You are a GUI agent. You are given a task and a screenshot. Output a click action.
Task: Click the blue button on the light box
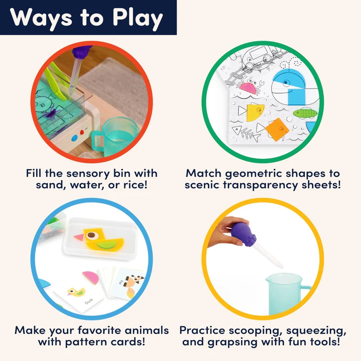tap(74, 138)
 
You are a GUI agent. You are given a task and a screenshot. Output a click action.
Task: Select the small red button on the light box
tap(82, 132)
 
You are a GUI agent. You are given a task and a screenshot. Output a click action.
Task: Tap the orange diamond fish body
tap(277, 130)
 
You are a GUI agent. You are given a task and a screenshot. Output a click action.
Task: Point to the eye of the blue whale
tap(286, 82)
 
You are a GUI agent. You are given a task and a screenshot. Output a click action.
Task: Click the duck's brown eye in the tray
tap(92, 235)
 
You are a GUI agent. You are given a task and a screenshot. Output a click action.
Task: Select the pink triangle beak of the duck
tap(79, 237)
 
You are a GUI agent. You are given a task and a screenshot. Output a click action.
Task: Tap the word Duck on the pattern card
tap(89, 301)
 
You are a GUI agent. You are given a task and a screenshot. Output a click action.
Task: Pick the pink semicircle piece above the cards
tap(91, 278)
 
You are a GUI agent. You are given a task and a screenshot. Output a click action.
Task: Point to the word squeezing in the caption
tap(316, 331)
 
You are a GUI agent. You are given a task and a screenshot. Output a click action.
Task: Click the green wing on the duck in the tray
tap(106, 244)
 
